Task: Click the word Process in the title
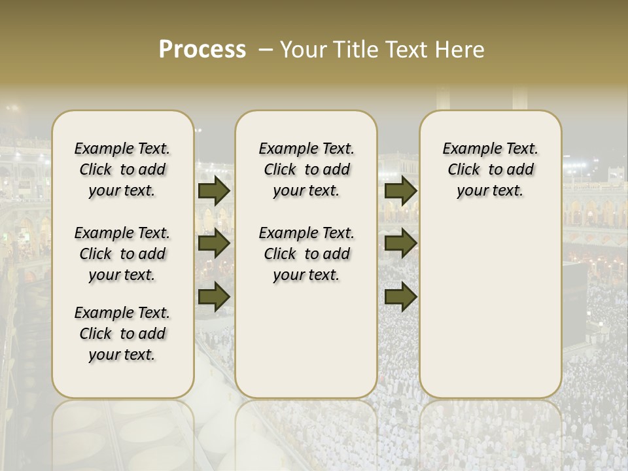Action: [x=202, y=50]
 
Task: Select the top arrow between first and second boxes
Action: [x=214, y=190]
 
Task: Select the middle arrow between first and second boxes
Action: [x=214, y=243]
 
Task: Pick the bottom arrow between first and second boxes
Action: [x=214, y=296]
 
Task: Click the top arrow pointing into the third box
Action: [x=400, y=190]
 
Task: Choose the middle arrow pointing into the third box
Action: [x=400, y=243]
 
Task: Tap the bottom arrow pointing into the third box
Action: [x=400, y=296]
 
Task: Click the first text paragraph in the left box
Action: [x=122, y=169]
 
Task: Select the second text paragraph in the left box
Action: [x=122, y=254]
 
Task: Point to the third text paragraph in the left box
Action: [x=122, y=334]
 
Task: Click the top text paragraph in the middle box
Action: [x=306, y=169]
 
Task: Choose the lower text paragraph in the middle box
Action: [x=306, y=254]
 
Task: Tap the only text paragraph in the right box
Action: [x=490, y=169]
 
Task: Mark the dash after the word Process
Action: [x=266, y=50]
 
